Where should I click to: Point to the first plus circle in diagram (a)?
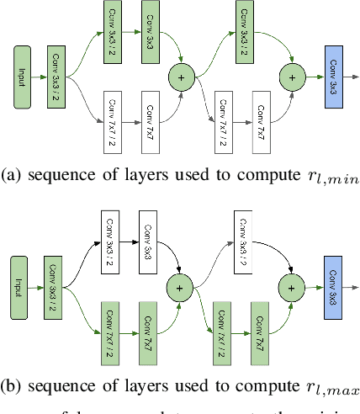180,77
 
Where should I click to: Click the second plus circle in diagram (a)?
293,77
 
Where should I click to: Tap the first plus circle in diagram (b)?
180,287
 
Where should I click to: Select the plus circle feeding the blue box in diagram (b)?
293,287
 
